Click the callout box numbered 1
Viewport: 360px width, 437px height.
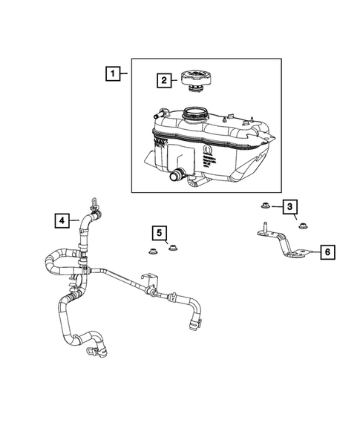112,73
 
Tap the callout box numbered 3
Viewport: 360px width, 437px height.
290,206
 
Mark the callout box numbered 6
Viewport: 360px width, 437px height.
326,252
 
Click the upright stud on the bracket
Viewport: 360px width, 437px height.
264,226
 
